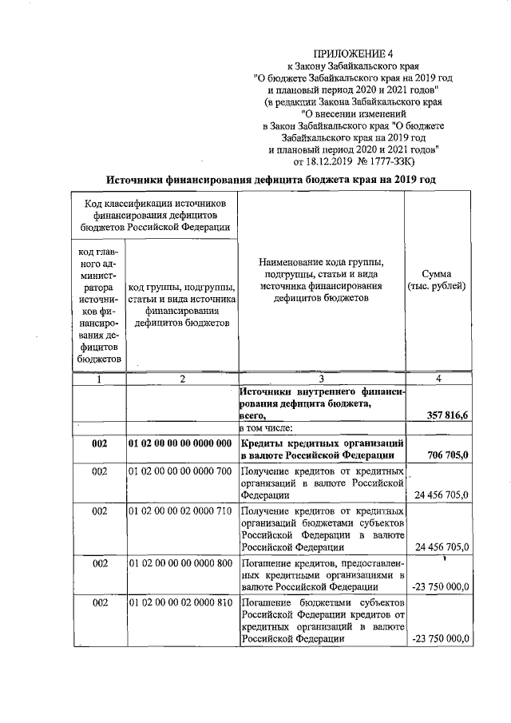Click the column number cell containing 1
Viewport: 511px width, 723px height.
(x=99, y=379)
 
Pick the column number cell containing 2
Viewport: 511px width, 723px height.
(x=182, y=379)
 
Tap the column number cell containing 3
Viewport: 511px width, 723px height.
(x=321, y=379)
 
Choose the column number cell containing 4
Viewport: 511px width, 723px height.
(x=437, y=379)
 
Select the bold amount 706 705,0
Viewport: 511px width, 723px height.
(x=448, y=455)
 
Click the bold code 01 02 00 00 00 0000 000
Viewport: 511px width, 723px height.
(x=180, y=443)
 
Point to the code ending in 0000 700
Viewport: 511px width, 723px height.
(x=180, y=471)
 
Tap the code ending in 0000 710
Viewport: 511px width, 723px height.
(x=180, y=510)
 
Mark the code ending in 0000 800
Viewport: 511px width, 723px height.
(x=180, y=564)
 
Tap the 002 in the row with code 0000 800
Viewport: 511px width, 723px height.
(x=99, y=564)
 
